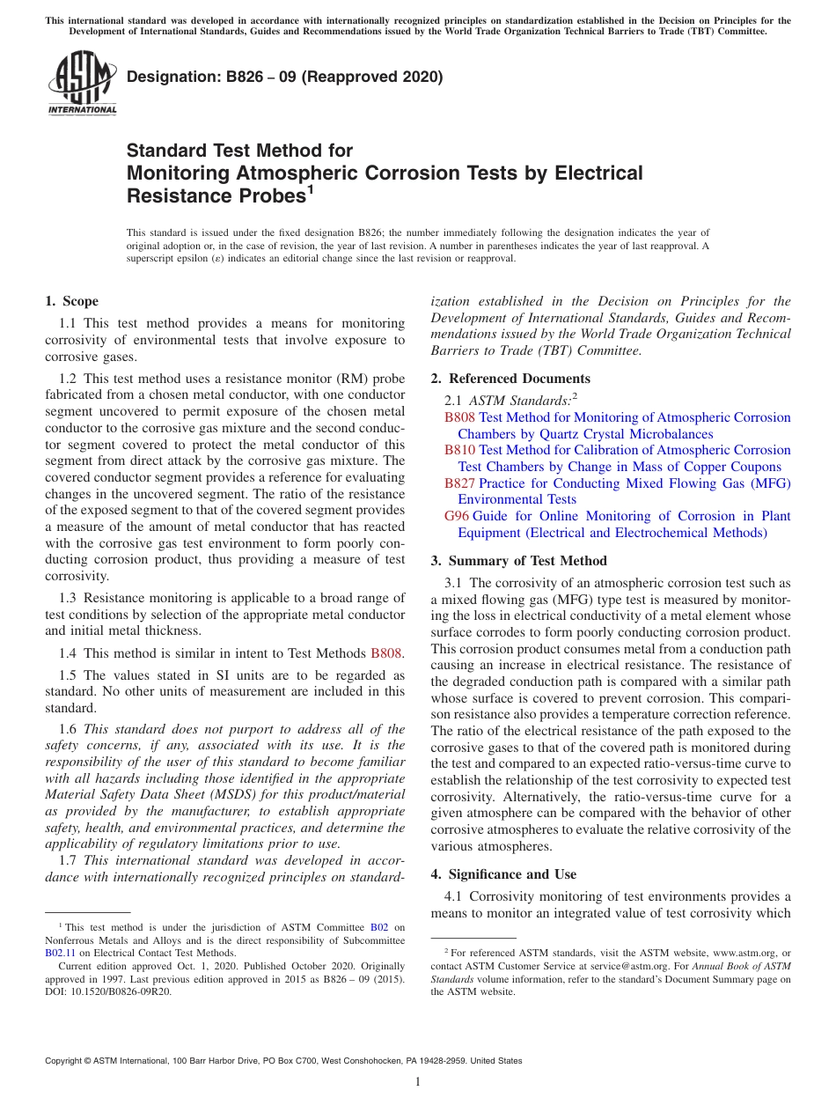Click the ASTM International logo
pos(82,83)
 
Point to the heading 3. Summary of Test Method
pos(518,561)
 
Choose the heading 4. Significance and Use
pos(503,874)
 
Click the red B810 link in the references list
pos(460,450)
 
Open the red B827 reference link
pos(460,483)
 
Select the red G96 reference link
pos(455,516)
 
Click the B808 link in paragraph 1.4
pos(385,653)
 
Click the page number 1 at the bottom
pos(418,1081)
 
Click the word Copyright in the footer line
pos(66,1061)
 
